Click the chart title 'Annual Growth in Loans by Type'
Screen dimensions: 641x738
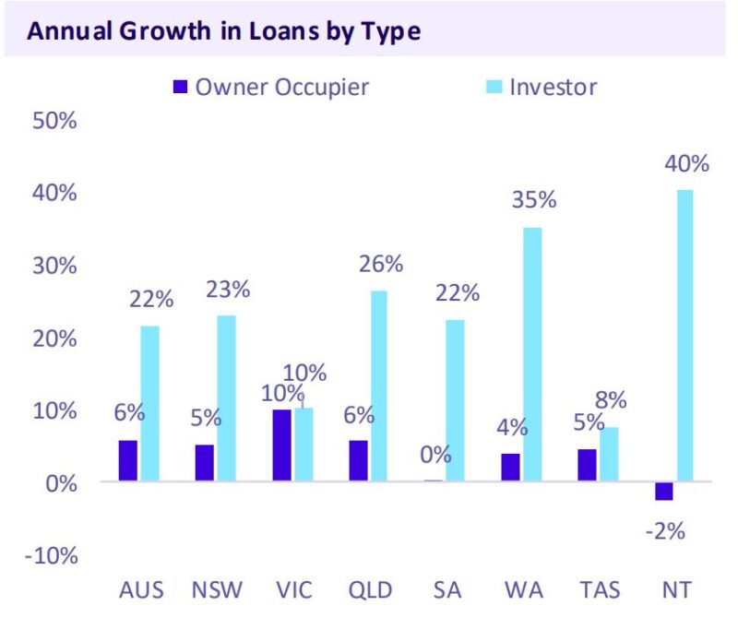click(224, 31)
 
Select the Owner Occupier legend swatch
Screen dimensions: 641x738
click(180, 88)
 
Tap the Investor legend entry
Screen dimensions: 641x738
click(540, 88)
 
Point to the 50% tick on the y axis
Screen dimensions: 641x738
click(54, 122)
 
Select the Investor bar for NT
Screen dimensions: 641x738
click(684, 336)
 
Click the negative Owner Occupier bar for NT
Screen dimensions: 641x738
click(662, 491)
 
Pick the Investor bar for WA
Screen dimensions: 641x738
click(532, 354)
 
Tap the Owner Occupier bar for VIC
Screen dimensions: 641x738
click(281, 445)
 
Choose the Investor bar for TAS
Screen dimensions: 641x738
click(608, 454)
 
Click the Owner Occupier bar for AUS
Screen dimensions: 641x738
click(127, 460)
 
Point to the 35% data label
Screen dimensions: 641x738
click(534, 200)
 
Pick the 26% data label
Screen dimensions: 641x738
click(380, 264)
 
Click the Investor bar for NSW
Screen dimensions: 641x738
click(226, 398)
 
